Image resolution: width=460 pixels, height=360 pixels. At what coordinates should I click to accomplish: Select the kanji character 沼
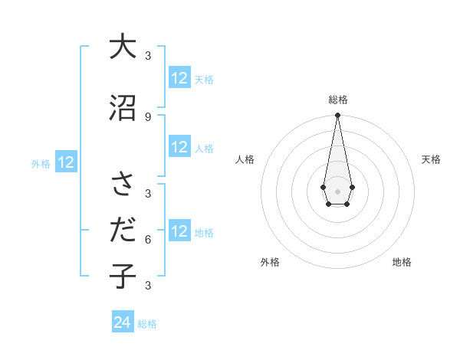click(x=123, y=107)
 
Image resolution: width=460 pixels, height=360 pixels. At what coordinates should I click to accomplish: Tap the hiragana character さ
click(x=123, y=184)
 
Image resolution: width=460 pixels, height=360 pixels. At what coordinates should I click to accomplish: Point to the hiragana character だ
click(x=123, y=230)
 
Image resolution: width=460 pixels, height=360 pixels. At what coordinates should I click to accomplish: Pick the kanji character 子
click(x=123, y=276)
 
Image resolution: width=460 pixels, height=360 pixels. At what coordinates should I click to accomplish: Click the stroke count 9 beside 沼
click(x=148, y=116)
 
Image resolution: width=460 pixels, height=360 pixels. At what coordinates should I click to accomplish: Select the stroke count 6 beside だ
click(x=148, y=239)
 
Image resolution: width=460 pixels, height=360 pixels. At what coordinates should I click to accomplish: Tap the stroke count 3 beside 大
click(x=148, y=55)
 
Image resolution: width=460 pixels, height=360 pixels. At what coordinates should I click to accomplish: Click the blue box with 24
click(x=122, y=322)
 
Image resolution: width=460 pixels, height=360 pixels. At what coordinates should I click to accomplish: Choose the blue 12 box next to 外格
click(x=66, y=162)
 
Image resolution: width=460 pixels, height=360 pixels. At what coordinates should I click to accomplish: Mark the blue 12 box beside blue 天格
click(x=179, y=78)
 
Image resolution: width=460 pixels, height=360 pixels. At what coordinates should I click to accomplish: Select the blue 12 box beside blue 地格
click(x=179, y=231)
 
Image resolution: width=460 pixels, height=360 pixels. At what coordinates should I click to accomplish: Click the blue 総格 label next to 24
click(x=147, y=324)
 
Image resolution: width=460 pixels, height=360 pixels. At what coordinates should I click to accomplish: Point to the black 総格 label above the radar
click(x=337, y=100)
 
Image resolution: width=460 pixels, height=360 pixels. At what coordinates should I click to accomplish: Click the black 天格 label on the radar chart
click(x=431, y=159)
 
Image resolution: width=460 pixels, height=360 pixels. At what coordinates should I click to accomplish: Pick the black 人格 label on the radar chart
click(x=245, y=159)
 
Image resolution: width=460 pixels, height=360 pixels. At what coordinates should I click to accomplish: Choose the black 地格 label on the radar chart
click(x=402, y=262)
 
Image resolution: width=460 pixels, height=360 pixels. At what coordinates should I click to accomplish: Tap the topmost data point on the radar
click(x=337, y=116)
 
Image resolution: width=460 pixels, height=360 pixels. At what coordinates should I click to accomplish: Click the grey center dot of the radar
click(x=337, y=190)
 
